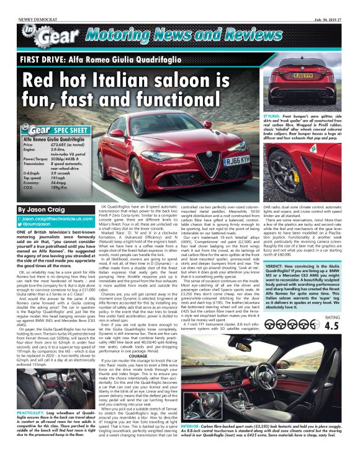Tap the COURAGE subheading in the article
(138, 356)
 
